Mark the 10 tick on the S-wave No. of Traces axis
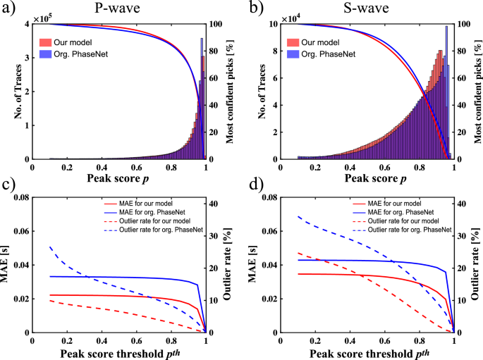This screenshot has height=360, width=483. [x=271, y=24]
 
